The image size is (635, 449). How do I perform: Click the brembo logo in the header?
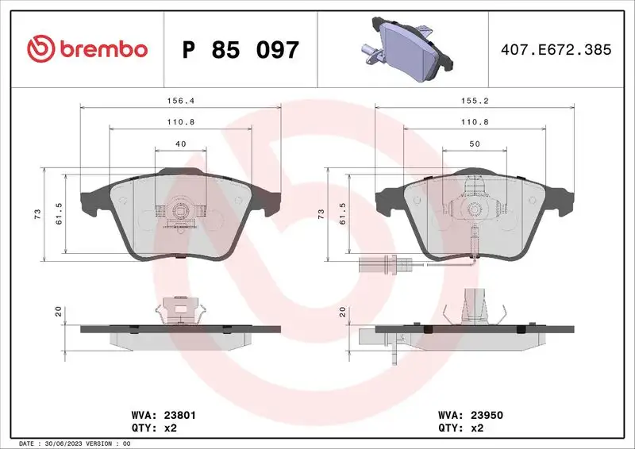tap(87, 49)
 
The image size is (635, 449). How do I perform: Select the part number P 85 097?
tap(241, 50)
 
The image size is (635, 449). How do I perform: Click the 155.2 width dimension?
tap(474, 101)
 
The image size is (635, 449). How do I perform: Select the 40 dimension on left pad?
tap(180, 144)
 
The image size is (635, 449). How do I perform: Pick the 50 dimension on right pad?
tap(474, 144)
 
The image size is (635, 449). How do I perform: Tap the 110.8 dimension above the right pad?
tap(474, 122)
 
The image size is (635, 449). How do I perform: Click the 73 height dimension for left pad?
tap(37, 215)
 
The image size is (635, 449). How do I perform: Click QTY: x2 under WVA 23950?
tap(460, 428)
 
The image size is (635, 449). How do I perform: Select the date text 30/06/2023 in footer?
tap(75, 443)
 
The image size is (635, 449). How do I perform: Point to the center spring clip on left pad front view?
tap(180, 212)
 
